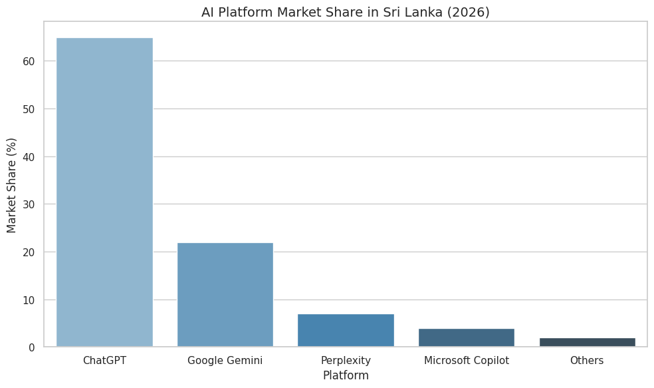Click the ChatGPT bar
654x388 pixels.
[104, 192]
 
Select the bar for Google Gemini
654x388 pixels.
[225, 295]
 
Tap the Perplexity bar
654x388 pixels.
[346, 330]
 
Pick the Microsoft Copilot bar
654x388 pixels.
[466, 337]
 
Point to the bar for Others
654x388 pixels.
[587, 342]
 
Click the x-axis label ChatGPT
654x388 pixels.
[104, 361]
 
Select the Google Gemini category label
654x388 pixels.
[225, 361]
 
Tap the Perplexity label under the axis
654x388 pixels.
[346, 361]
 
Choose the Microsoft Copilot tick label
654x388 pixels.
[466, 361]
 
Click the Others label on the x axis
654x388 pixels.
[587, 361]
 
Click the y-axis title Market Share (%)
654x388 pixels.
[12, 185]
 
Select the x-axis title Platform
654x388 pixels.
[346, 375]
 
